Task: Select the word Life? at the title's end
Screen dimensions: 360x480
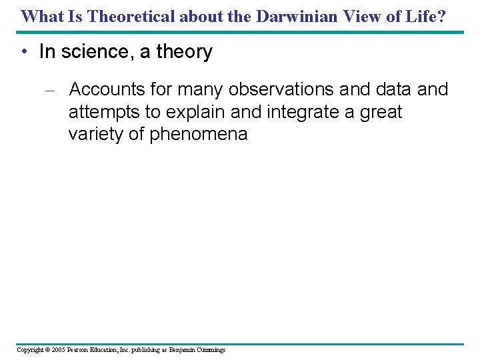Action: [423, 16]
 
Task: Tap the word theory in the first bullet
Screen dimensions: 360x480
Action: [184, 52]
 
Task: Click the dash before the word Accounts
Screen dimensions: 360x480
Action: [54, 90]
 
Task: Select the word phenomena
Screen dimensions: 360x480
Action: [199, 134]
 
